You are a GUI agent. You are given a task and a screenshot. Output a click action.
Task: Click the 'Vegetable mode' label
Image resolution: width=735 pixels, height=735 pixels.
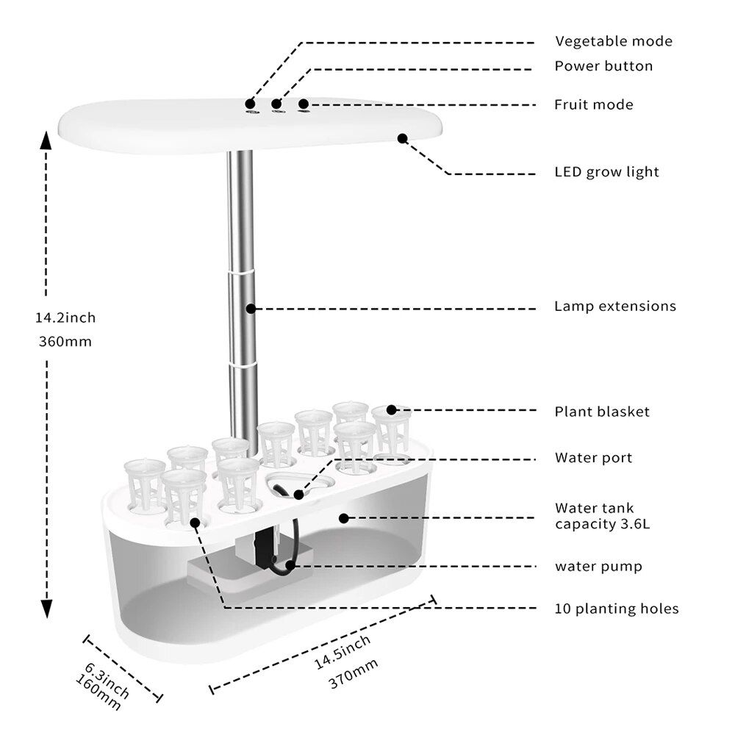point(613,41)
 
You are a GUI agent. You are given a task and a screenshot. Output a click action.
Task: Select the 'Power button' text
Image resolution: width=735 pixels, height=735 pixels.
point(603,66)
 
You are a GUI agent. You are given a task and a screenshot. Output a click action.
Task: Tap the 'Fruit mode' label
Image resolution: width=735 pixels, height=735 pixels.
point(593,105)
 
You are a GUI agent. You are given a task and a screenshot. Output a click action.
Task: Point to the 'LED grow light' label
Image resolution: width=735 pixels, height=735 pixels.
point(606,172)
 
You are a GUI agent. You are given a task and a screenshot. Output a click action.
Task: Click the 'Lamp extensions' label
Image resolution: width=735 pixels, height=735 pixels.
point(614,306)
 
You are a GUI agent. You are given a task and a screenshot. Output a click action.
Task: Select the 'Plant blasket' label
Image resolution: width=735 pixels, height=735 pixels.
point(602,412)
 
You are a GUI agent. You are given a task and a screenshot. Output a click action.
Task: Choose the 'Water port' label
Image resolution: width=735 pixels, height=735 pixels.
point(593,458)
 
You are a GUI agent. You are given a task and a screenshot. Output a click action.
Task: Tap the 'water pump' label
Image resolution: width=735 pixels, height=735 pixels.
point(598,567)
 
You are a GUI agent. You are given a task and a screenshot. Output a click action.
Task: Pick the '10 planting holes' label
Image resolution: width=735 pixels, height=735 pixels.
point(617,609)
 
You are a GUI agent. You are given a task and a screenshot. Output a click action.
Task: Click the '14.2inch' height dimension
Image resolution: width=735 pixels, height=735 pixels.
point(65,318)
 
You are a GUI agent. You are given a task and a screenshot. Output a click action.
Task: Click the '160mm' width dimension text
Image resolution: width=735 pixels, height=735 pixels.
point(98,692)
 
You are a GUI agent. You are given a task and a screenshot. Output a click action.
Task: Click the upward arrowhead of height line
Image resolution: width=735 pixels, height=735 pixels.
point(46,141)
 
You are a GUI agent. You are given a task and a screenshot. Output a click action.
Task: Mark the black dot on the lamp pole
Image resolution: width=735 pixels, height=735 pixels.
point(251,309)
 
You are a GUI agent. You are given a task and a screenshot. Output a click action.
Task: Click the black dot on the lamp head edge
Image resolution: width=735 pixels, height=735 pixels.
point(402,137)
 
